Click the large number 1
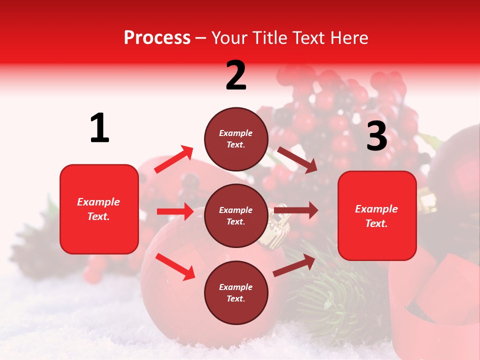(99, 128)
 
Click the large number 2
(236, 75)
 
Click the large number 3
(376, 136)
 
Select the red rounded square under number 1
(99, 209)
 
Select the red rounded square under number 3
(377, 215)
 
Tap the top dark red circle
(236, 139)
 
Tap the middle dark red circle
(236, 215)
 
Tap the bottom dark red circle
(236, 292)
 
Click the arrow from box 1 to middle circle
(175, 211)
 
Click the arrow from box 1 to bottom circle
(175, 266)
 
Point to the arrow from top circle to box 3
(297, 159)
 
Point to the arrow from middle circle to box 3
(295, 210)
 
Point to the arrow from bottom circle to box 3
(294, 265)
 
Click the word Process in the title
(157, 37)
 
